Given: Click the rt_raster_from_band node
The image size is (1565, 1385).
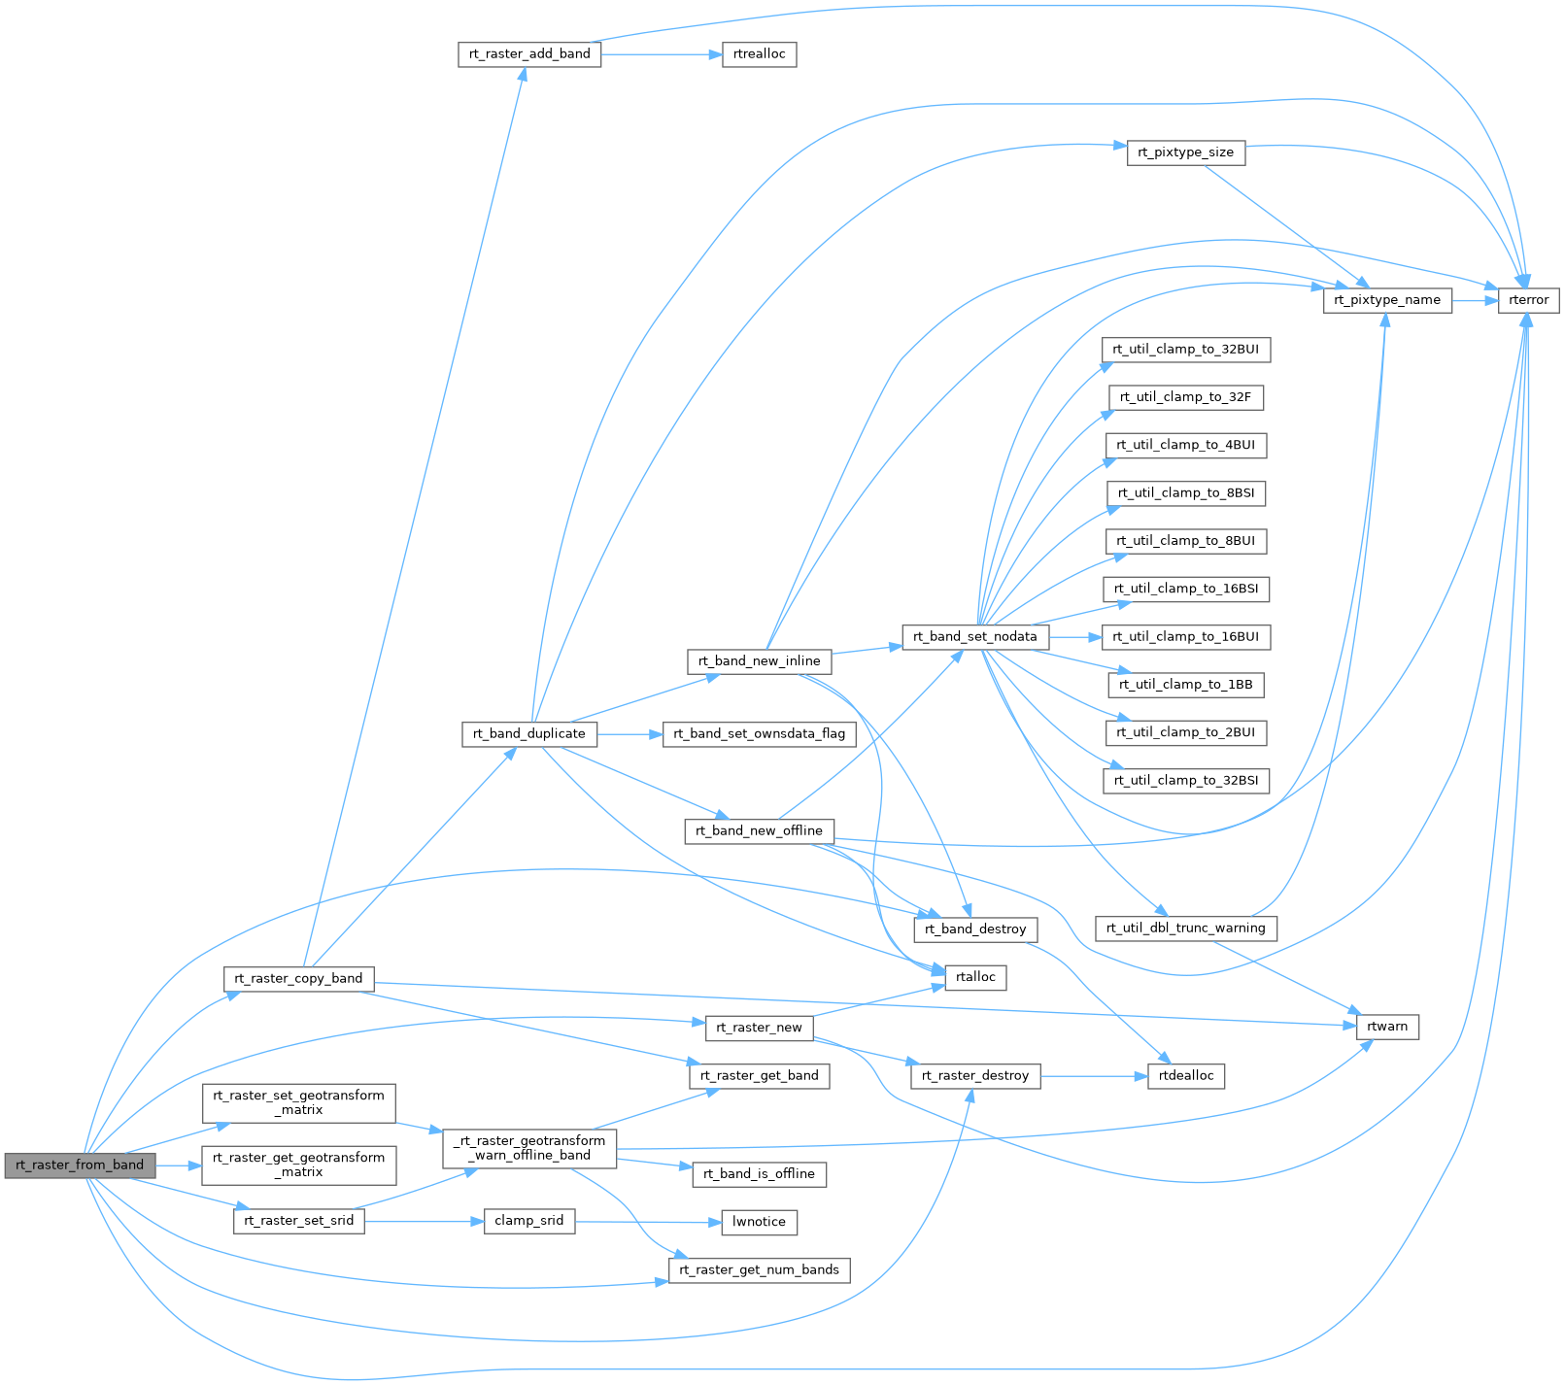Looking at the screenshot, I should click(x=80, y=1165).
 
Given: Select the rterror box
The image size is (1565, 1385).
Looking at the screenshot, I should click(x=1528, y=300).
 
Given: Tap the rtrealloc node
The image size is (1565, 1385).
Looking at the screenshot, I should click(x=759, y=54).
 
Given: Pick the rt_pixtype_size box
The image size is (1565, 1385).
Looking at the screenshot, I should click(x=1185, y=152).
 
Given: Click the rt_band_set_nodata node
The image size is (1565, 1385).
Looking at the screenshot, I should click(x=974, y=637).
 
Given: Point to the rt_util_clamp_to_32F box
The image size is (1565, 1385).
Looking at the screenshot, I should click(x=1185, y=397).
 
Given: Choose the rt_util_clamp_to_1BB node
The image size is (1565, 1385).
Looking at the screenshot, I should click(x=1185, y=685).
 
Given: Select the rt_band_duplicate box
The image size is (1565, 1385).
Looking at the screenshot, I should click(x=528, y=733).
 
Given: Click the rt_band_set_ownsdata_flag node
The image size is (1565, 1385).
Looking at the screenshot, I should click(x=759, y=733).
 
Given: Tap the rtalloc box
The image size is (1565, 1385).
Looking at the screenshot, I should click(x=975, y=977).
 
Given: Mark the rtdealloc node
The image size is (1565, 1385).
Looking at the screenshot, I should click(x=1185, y=1075).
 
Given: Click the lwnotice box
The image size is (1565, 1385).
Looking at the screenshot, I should click(x=759, y=1222).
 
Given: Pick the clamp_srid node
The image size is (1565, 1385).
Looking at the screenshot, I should click(x=528, y=1221).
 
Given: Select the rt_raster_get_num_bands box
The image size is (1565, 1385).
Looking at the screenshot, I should click(x=759, y=1270).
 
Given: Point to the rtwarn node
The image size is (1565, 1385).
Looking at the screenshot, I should click(x=1386, y=1027).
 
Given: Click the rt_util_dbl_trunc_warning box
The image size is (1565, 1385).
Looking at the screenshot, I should click(x=1185, y=929).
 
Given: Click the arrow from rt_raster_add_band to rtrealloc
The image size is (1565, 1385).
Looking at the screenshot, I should click(x=662, y=54).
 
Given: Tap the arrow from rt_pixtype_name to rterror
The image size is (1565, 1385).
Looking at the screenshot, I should click(x=1476, y=300).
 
